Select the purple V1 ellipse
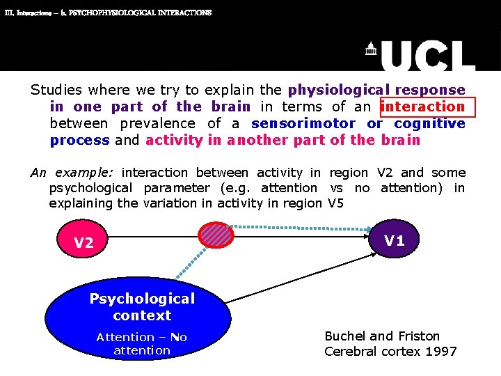tap(395, 240)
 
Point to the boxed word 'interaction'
tap(423, 107)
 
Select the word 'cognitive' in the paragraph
tap(429, 123)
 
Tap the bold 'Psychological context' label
tap(142, 307)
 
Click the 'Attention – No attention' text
tap(142, 343)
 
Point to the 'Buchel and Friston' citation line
tap(382, 336)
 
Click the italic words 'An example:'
tap(74, 173)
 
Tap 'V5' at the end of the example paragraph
tap(335, 203)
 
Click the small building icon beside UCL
tap(370, 49)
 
